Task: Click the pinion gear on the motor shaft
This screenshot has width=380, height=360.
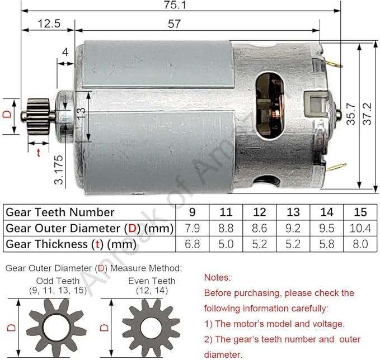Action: tap(38, 115)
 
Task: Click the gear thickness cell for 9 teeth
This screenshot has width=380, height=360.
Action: tap(192, 244)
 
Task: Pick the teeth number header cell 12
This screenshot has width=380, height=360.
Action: tap(259, 212)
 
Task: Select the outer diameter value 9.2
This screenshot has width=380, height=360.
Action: tap(293, 228)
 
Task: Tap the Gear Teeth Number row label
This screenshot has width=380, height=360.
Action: tap(60, 212)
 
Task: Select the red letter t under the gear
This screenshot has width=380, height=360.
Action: tap(38, 152)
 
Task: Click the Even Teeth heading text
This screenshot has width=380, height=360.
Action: tap(152, 281)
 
